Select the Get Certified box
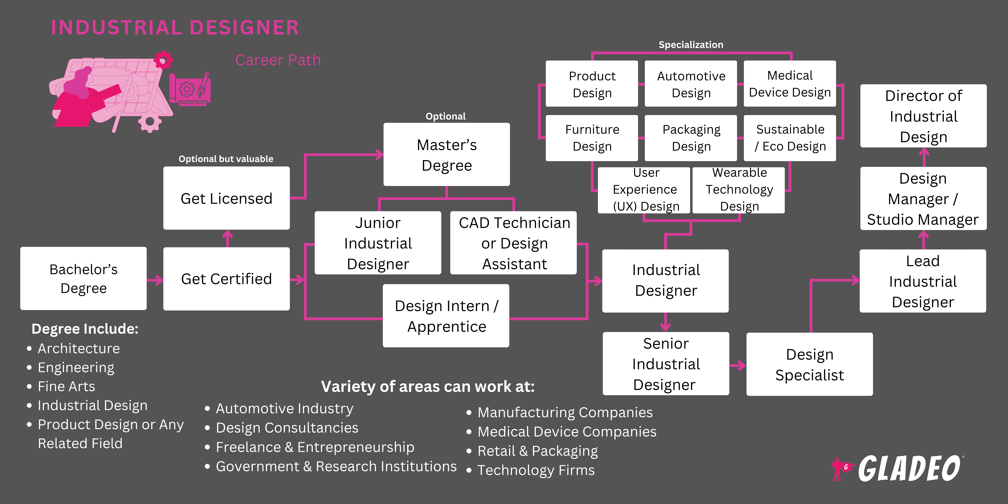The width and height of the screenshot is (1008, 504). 226,279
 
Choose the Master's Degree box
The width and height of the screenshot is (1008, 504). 447,155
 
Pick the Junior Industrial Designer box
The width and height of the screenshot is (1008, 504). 378,243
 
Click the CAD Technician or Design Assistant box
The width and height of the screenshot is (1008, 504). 513,243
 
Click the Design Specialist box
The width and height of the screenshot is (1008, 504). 809,364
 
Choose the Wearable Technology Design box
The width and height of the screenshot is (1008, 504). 739,190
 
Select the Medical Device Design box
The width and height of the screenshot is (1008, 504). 790,83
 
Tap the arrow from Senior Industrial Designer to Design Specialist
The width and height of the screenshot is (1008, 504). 738,365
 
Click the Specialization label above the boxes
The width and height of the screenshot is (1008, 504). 691,45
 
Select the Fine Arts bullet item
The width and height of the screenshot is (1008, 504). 66,386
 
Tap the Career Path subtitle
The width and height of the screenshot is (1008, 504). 278,60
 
